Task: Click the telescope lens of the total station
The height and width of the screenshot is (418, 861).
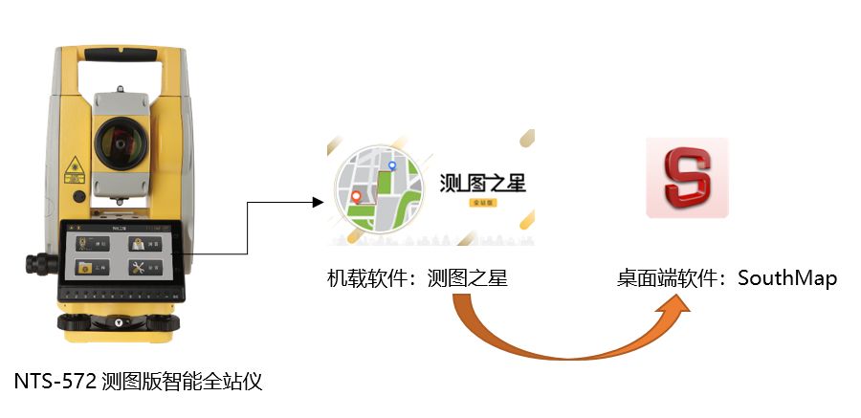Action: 120,144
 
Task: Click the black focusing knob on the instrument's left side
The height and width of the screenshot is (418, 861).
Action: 32,261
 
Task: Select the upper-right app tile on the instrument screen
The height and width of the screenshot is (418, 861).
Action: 145,244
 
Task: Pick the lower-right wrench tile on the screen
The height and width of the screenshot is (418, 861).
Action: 145,268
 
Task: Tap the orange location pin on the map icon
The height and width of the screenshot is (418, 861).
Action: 357,198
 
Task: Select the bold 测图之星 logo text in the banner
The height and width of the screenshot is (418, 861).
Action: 482,183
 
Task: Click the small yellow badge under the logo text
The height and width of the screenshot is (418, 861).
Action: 482,203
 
